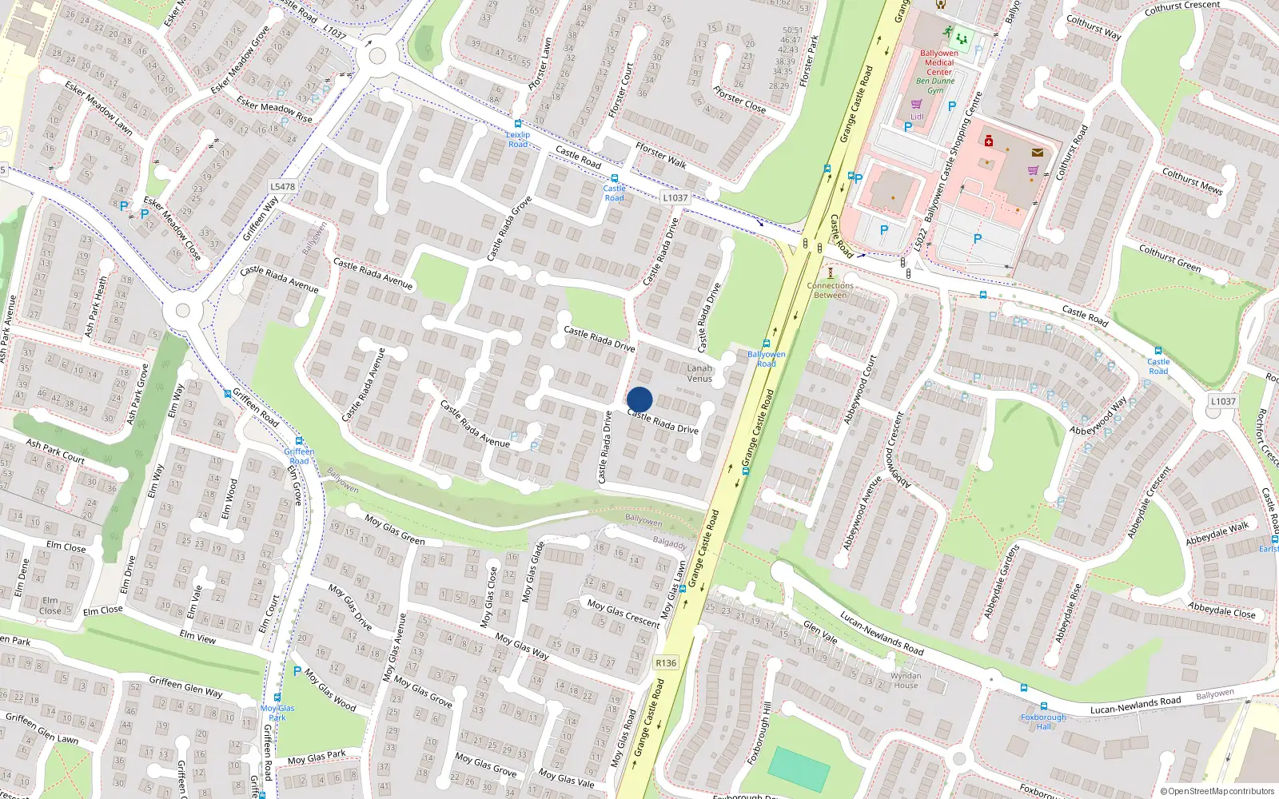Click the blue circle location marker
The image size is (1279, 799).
639,399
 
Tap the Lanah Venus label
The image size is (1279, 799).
699,373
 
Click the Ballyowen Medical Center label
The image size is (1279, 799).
938,62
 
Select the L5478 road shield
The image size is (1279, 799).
282,186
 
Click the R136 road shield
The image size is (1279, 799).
665,662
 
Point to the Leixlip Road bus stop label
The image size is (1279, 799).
518,139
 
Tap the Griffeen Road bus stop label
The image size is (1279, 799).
299,456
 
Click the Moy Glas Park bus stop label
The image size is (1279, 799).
277,713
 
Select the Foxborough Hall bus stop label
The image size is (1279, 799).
1043,721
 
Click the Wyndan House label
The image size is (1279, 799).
906,680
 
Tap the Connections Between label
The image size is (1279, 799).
830,290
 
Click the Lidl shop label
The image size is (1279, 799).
917,117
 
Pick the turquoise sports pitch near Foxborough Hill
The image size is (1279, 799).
799,770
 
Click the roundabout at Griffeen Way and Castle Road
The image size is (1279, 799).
377,57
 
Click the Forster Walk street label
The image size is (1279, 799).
660,156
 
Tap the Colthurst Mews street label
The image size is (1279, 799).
1192,181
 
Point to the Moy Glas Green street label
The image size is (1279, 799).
394,530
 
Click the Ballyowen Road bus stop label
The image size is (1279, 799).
766,359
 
